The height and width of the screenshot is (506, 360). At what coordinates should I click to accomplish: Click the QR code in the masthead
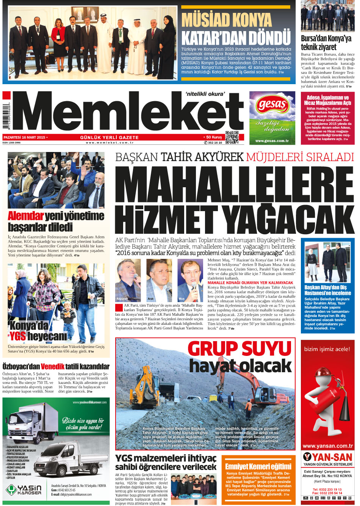click(x=232, y=138)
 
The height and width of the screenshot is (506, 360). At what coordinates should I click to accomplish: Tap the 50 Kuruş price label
click(x=214, y=137)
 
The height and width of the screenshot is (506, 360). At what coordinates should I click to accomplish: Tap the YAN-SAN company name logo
click(x=328, y=457)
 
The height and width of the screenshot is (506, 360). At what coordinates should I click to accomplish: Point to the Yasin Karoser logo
click(x=24, y=490)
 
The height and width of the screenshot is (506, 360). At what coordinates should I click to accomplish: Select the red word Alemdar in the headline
click(x=26, y=216)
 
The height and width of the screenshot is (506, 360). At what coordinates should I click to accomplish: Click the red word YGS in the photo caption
click(x=17, y=336)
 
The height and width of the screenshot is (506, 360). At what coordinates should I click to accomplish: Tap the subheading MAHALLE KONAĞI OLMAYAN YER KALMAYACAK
click(x=250, y=283)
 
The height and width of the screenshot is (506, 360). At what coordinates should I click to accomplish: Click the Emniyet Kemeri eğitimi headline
click(x=258, y=467)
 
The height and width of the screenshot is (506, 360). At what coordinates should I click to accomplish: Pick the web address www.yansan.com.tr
click(x=328, y=446)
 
